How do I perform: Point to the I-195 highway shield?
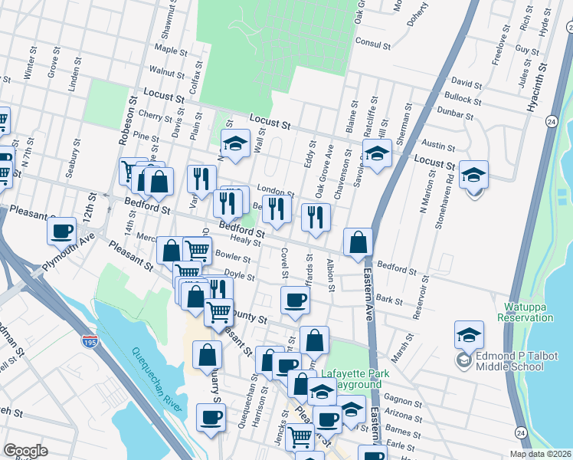90,339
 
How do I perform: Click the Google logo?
26,451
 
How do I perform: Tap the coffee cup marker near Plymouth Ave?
61,230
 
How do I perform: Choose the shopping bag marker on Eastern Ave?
358,242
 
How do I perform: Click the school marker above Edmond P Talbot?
469,335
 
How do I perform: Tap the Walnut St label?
168,71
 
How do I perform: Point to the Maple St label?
166,48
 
